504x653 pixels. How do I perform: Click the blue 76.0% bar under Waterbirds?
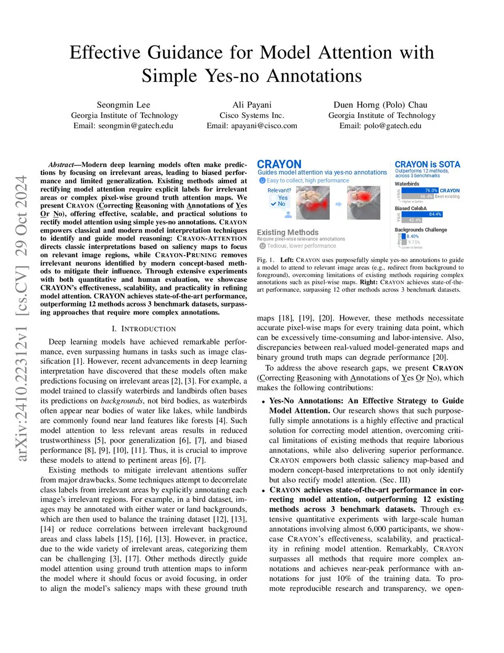(419, 190)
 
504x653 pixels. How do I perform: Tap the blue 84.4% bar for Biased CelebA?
(422, 214)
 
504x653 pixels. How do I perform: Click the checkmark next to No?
(274, 204)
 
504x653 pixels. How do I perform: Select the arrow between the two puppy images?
(339, 204)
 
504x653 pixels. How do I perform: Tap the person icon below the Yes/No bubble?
(288, 214)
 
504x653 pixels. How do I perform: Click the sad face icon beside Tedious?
(262, 246)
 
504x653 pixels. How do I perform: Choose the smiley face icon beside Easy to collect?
(262, 180)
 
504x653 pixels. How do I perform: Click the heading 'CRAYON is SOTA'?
(427, 164)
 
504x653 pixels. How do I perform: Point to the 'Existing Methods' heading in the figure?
(287, 232)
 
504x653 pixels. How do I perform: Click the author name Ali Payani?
(252, 104)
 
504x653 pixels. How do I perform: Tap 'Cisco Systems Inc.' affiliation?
(252, 115)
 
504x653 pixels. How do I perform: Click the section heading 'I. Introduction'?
(144, 329)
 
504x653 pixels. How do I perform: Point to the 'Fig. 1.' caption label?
(265, 260)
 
